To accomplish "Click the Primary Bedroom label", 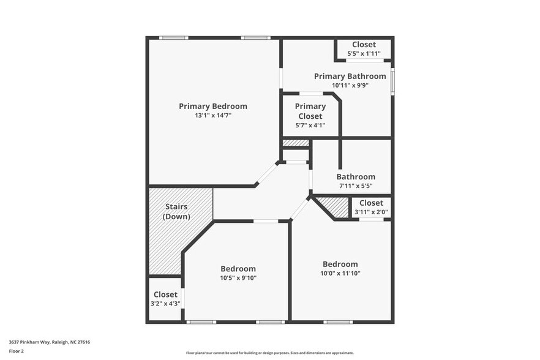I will (x=213, y=106).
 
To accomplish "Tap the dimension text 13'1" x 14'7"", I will (x=213, y=115).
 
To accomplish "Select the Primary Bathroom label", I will (x=350, y=77).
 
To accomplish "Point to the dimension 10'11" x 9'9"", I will (x=350, y=86).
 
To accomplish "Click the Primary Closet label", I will (x=310, y=111).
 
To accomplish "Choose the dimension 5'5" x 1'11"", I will (x=364, y=54).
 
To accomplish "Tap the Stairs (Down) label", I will (x=176, y=211).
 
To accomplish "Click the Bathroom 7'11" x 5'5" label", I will (x=356, y=177).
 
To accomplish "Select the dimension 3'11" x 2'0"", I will (x=371, y=212).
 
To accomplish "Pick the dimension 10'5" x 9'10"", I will (x=238, y=278).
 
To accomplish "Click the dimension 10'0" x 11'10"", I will (x=340, y=274).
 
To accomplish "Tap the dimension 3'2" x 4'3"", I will (x=165, y=304).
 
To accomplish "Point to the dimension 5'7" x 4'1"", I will (x=310, y=126).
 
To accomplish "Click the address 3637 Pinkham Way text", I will (x=50, y=342).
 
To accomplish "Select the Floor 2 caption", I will (x=17, y=351).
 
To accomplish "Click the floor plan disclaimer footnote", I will (x=269, y=353).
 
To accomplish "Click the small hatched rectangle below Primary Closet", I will (x=296, y=143).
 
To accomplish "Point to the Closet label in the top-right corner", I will (x=364, y=45).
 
